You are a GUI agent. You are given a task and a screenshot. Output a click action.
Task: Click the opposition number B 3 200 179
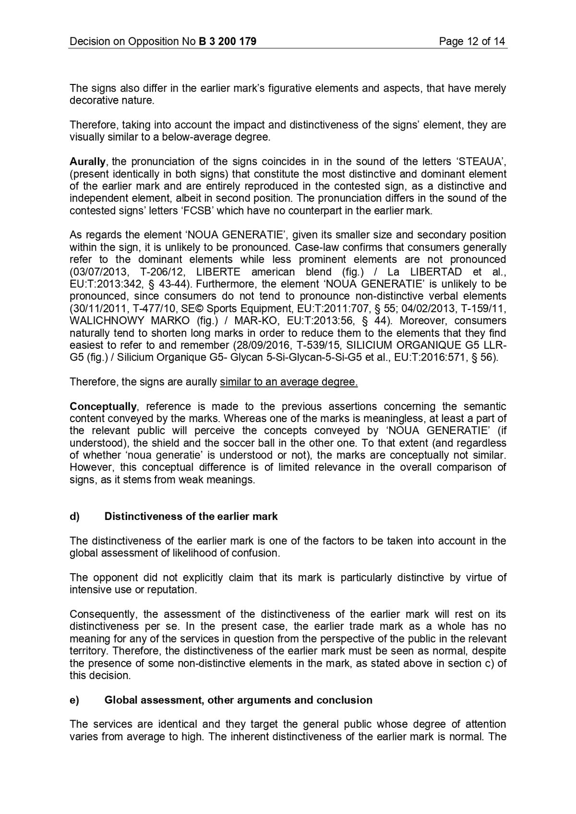(x=227, y=42)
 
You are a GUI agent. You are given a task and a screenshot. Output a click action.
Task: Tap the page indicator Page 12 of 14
(x=472, y=42)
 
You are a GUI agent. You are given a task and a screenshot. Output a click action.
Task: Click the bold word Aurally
(x=87, y=162)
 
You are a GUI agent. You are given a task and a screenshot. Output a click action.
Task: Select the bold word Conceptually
(x=103, y=407)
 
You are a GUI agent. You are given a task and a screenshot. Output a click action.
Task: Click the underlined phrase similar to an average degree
(x=288, y=382)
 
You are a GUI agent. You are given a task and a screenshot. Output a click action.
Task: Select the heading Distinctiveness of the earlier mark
(x=191, y=517)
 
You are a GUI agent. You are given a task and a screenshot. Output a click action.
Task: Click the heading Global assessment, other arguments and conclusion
(x=238, y=700)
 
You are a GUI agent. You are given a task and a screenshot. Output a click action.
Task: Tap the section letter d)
(x=74, y=517)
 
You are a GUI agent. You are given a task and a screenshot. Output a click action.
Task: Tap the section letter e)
(x=74, y=700)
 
